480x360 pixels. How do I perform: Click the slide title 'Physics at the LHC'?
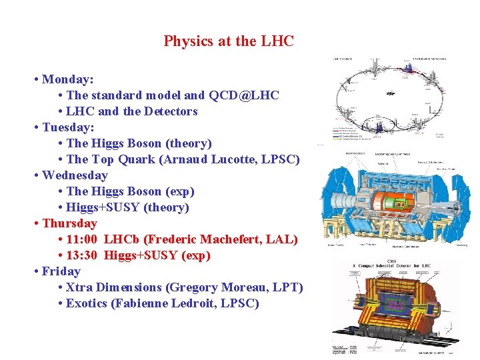tap(229, 41)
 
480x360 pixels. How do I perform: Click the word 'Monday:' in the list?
tap(67, 80)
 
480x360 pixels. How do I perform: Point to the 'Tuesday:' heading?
tap(68, 127)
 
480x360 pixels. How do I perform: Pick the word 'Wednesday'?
tap(75, 175)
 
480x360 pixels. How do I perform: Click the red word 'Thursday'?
tap(69, 223)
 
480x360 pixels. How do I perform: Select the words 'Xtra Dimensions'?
tap(114, 287)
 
